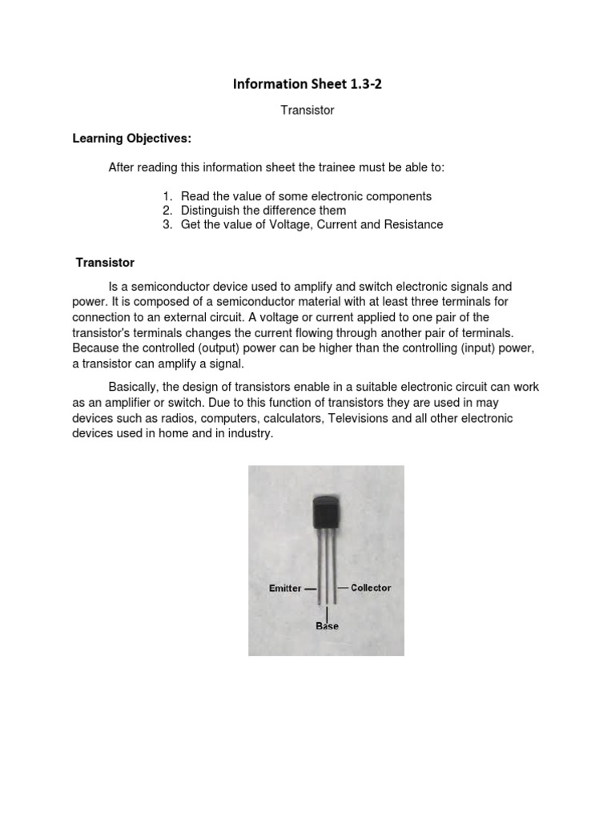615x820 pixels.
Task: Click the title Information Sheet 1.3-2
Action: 307,83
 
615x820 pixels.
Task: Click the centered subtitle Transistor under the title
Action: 307,111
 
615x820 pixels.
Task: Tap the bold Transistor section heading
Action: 105,263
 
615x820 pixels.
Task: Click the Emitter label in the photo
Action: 285,588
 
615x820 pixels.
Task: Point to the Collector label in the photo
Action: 371,588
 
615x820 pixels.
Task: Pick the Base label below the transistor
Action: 327,625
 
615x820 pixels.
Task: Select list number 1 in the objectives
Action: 167,196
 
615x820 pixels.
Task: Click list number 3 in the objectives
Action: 167,225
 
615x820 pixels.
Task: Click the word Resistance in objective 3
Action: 414,225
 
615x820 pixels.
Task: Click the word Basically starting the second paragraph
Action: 135,387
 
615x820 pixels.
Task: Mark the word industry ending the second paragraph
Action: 251,433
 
